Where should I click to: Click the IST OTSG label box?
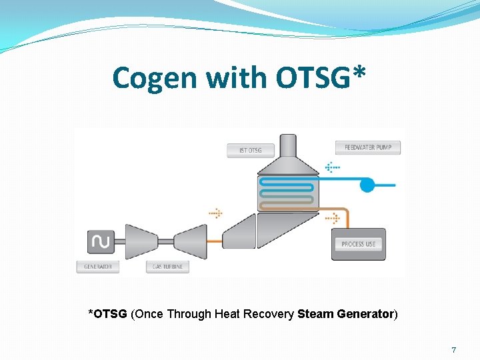(250, 150)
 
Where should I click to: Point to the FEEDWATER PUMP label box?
(367, 147)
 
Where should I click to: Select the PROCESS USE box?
(358, 244)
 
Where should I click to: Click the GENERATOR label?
(98, 267)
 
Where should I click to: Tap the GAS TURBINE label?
(167, 267)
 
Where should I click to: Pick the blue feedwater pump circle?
(367, 185)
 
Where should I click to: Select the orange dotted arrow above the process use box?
(332, 217)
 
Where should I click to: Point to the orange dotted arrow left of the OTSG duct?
(215, 213)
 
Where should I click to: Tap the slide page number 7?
(453, 350)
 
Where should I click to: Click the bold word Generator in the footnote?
(366, 313)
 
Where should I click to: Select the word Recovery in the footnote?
(272, 313)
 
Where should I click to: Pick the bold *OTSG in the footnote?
(108, 313)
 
